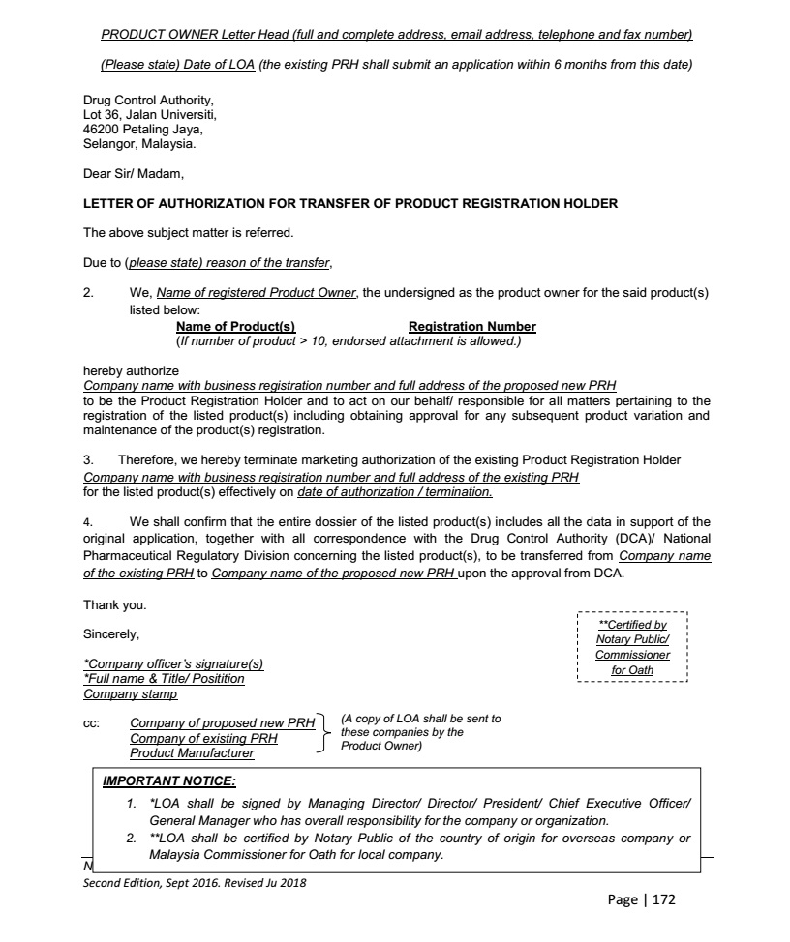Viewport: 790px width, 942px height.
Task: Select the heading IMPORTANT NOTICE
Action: coord(169,780)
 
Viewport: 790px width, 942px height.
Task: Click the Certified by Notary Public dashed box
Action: coord(632,647)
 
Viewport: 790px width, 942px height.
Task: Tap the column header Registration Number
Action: coord(471,327)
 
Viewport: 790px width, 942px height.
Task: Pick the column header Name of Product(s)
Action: coord(235,327)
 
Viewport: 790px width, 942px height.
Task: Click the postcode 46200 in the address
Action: coord(101,129)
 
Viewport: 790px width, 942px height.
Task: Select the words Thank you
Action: coord(115,605)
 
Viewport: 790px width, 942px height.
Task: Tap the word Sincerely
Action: coord(111,634)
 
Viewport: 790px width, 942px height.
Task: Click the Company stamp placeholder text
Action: coord(131,693)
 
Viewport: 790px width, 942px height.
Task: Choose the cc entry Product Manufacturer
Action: coord(192,752)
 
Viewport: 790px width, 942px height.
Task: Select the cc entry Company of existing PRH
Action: coord(203,738)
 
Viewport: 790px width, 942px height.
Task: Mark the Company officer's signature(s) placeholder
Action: coord(173,664)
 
